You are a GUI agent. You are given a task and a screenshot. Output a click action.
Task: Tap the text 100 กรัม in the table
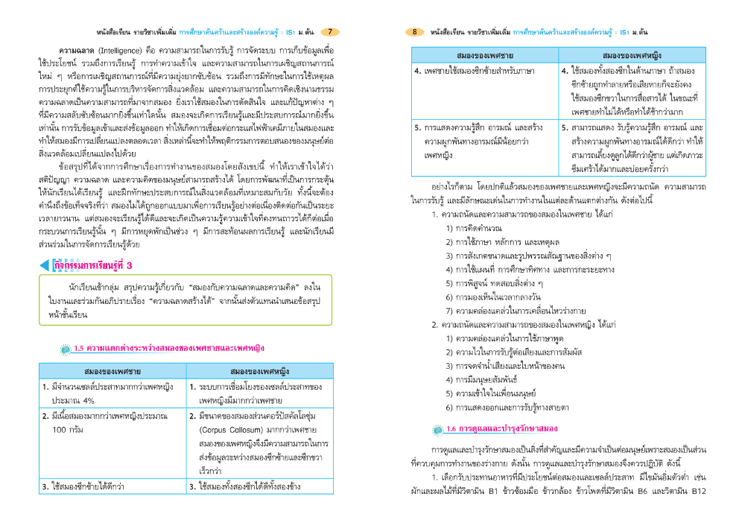[68, 430]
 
